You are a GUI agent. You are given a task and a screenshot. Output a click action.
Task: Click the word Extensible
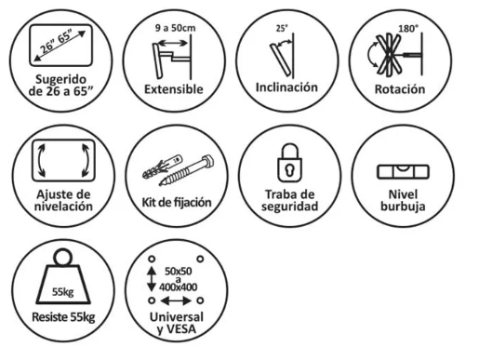(x=174, y=89)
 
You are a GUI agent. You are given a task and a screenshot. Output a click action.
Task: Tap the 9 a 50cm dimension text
(x=176, y=28)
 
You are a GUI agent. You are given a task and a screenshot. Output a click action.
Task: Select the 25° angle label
(x=282, y=28)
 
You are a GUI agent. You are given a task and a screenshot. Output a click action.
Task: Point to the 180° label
(x=408, y=29)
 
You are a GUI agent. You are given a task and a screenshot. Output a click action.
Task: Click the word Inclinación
(x=286, y=87)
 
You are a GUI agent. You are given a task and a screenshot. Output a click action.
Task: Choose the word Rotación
(x=400, y=89)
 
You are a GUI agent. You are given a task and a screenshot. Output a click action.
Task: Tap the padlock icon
(x=289, y=163)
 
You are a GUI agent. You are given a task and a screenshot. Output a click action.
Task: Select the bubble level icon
(x=403, y=172)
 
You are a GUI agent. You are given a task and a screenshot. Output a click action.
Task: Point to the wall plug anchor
(x=162, y=167)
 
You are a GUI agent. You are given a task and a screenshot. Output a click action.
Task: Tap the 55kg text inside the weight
(x=62, y=292)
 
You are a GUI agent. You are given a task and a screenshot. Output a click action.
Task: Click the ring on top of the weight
(x=63, y=257)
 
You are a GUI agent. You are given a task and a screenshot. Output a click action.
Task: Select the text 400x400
(x=179, y=287)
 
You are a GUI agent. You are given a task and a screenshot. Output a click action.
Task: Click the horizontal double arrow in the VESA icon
(x=176, y=300)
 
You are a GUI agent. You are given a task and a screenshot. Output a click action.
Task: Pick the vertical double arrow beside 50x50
(x=152, y=279)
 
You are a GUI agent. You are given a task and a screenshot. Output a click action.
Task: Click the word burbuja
(x=403, y=207)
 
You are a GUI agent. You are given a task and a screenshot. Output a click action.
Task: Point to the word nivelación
(x=63, y=207)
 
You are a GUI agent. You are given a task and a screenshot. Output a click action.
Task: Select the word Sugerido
(x=60, y=80)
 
